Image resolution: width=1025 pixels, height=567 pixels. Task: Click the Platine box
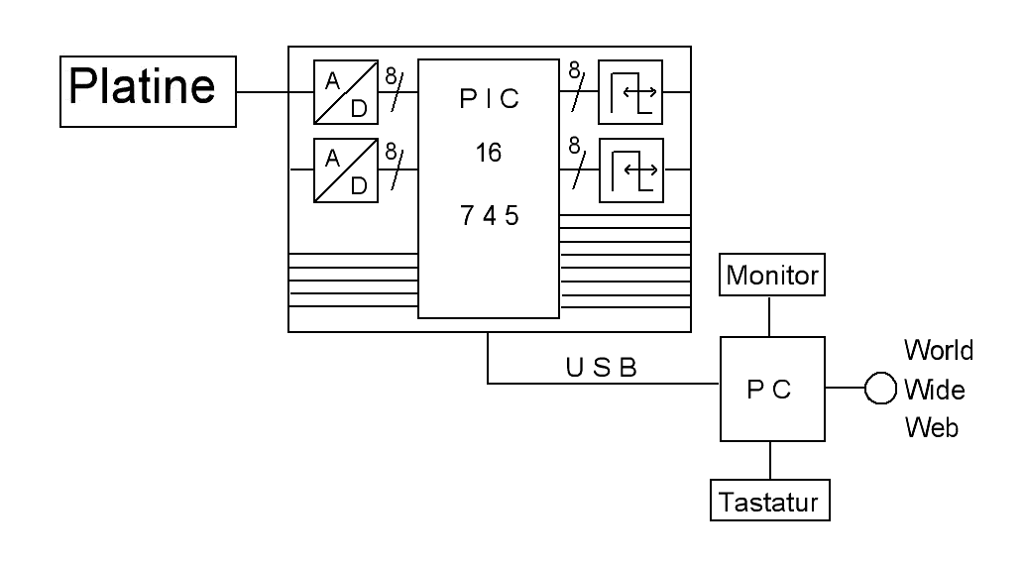click(x=149, y=92)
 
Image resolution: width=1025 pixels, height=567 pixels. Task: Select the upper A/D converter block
click(x=345, y=92)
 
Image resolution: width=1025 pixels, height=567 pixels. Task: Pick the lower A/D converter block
click(x=345, y=169)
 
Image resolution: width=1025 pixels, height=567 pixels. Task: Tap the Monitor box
click(x=772, y=276)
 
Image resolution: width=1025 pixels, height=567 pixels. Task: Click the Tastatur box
click(x=770, y=501)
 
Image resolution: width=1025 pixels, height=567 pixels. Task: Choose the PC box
click(x=770, y=389)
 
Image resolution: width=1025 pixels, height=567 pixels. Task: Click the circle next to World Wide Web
click(x=880, y=389)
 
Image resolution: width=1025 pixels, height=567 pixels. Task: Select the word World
click(x=938, y=350)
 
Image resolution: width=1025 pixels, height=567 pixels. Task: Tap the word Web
click(x=931, y=428)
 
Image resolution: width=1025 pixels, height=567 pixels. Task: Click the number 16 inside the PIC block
click(x=487, y=154)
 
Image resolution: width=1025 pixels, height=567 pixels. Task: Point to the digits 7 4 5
click(x=489, y=216)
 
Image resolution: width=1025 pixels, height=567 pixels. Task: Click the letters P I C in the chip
click(x=488, y=102)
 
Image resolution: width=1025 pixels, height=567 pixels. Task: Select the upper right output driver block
click(x=629, y=92)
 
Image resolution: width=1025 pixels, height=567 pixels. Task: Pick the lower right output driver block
click(x=629, y=169)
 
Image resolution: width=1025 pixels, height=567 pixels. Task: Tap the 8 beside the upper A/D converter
click(x=391, y=74)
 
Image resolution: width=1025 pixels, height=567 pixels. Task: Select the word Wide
click(x=934, y=390)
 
